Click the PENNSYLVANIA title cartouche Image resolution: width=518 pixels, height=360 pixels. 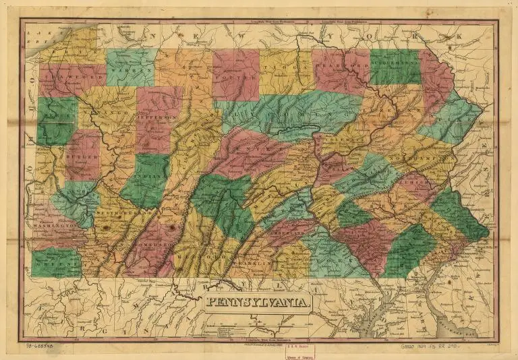pyautogui.click(x=259, y=303)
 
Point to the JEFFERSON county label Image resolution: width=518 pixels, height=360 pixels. pyautogui.click(x=159, y=116)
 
